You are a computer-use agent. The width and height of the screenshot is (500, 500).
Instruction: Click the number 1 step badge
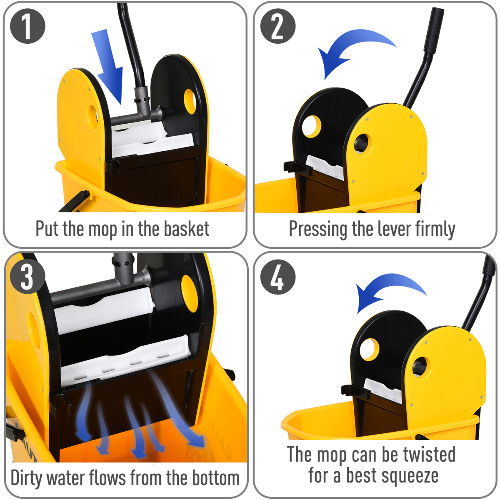27,26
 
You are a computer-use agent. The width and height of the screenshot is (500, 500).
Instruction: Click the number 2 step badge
277,26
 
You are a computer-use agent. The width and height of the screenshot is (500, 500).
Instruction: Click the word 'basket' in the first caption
186,229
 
